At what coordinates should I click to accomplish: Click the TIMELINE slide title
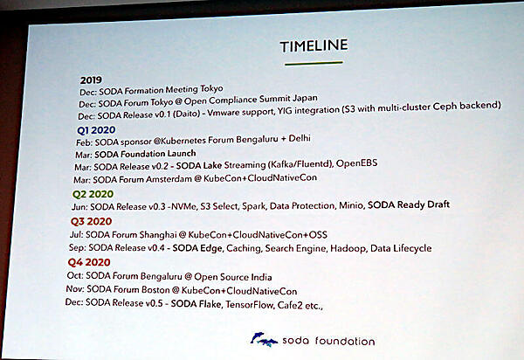(313, 45)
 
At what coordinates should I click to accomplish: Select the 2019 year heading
(92, 78)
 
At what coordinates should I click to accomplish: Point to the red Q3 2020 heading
(92, 222)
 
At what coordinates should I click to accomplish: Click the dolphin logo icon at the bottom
(264, 339)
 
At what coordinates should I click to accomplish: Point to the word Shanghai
(181, 235)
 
